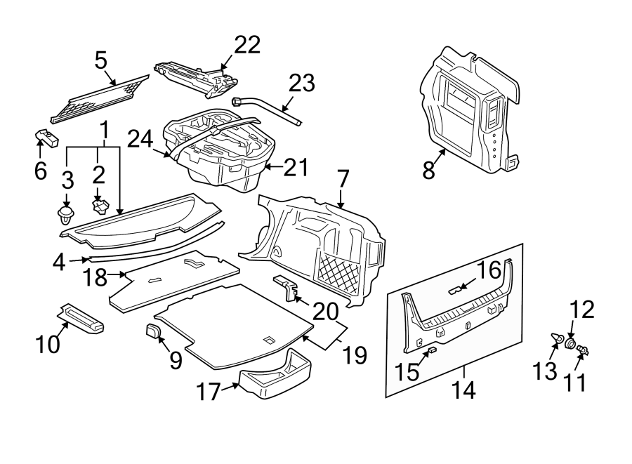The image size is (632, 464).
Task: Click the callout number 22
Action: [246, 45]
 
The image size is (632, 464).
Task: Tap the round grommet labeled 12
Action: [571, 344]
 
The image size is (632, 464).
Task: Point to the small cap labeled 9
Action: [154, 331]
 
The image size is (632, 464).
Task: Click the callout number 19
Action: [355, 355]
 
